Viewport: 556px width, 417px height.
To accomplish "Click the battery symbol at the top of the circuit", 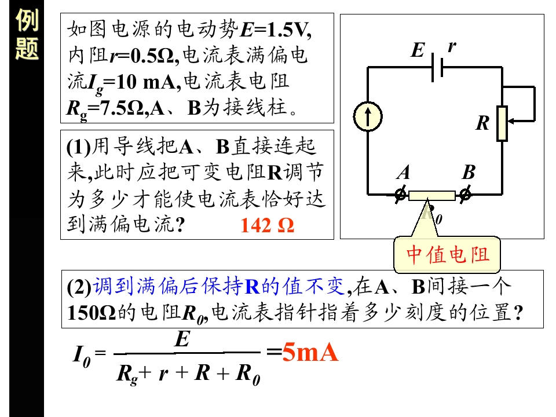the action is [x=437, y=67].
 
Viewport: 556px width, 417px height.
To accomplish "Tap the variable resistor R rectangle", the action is [x=502, y=123].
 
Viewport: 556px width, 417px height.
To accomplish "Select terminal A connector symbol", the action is [x=401, y=195].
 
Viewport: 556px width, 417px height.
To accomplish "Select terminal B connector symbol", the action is [x=465, y=195].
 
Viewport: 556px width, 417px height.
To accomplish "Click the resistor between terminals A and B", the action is [x=432, y=196].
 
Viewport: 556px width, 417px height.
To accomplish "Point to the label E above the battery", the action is [x=418, y=50].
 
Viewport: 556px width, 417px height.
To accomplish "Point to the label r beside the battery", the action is [x=452, y=46].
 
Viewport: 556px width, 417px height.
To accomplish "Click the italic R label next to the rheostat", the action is [x=483, y=123].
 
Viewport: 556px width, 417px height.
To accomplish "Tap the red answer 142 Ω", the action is [x=268, y=225].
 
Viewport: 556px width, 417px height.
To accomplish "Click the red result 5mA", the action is [x=310, y=352].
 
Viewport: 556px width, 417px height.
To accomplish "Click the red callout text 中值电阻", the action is [x=448, y=255].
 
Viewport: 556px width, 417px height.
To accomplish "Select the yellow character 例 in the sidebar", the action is [x=27, y=20].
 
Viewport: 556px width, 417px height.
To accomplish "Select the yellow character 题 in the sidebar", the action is [x=27, y=49].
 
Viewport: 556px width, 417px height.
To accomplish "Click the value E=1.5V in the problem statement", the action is [x=276, y=30].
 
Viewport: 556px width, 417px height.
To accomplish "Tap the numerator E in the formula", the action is [x=182, y=339].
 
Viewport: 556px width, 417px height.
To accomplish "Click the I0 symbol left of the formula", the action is [x=82, y=356].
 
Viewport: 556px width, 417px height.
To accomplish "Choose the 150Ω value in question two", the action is [x=92, y=313].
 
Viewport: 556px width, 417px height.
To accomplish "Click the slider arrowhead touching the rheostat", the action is [x=511, y=121].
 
